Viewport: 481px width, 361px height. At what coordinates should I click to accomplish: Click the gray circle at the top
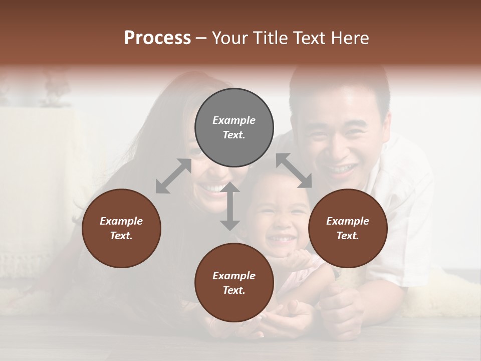[234, 128]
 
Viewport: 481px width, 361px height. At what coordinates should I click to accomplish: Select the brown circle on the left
[121, 228]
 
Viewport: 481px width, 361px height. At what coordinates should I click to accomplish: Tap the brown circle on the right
[348, 228]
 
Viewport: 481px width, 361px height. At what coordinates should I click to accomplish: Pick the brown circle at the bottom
[234, 283]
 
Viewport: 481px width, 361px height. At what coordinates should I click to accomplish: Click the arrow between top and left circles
[173, 176]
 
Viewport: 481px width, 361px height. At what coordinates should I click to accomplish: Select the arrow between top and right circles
[294, 170]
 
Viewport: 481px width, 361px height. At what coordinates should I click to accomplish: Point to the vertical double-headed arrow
[230, 206]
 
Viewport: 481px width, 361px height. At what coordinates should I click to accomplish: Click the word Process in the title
[157, 38]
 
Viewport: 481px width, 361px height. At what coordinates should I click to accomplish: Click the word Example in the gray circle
[234, 120]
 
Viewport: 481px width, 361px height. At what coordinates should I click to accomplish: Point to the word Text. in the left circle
[121, 236]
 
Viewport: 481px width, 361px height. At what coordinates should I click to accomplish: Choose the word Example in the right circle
[348, 221]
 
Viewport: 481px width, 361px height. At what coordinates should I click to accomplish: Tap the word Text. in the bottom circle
[234, 290]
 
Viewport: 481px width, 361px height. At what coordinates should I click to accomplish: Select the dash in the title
[201, 38]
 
